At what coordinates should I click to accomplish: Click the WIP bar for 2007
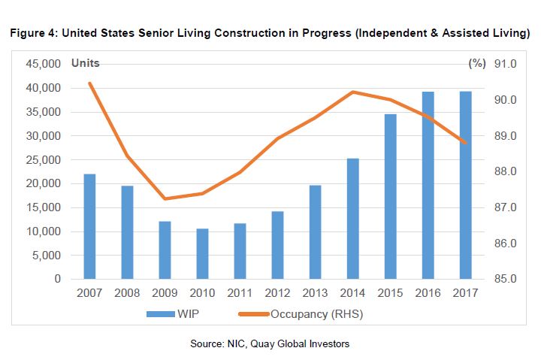pos(89,226)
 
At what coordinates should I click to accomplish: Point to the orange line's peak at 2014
pos(352,92)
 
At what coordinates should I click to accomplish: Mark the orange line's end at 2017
pos(466,143)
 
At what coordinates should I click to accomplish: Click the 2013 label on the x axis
pos(314,292)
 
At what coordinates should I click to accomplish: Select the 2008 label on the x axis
pos(127,292)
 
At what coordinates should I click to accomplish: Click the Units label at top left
pos(85,63)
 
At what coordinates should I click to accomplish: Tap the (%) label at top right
pos(476,63)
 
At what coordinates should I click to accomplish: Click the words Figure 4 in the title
pos(32,34)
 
